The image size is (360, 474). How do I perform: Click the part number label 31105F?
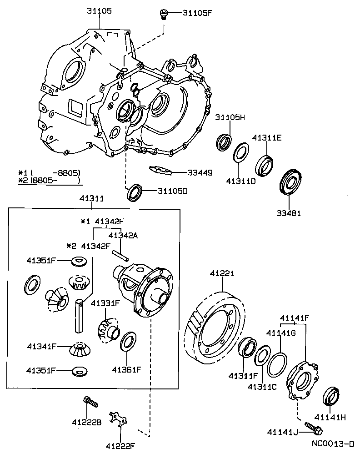(x=197, y=13)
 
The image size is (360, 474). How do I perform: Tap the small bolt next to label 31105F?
(x=163, y=15)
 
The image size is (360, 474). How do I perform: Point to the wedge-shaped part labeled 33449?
(x=160, y=170)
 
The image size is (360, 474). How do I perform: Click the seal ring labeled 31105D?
(x=135, y=192)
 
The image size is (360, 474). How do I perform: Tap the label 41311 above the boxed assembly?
(x=92, y=199)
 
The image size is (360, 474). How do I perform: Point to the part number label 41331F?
(x=105, y=303)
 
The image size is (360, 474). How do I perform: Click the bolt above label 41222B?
(x=90, y=402)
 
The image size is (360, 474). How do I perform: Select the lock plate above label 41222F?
(x=117, y=419)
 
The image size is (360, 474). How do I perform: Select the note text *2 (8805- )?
(x=49, y=181)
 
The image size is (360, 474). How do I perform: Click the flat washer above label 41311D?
(x=241, y=152)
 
